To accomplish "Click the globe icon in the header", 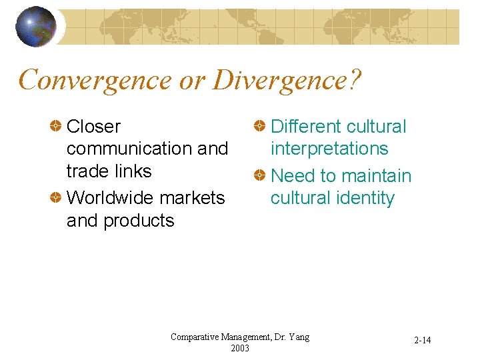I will (x=35, y=27).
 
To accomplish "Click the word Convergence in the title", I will (x=94, y=80).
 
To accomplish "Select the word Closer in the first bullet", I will (x=94, y=126).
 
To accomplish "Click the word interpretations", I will (x=329, y=149).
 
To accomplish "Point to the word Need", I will (x=293, y=176).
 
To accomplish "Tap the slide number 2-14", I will (x=422, y=341).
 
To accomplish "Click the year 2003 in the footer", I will (x=239, y=347).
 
